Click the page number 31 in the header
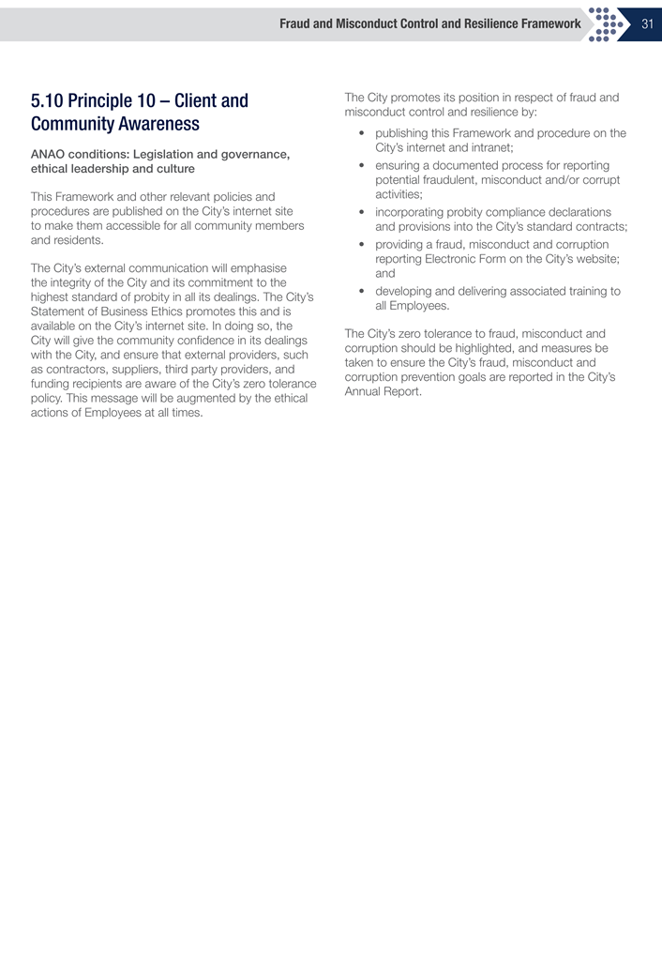tap(647, 24)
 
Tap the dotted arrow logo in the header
tap(609, 24)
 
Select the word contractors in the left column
tap(65, 371)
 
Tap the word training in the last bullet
tap(584, 291)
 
